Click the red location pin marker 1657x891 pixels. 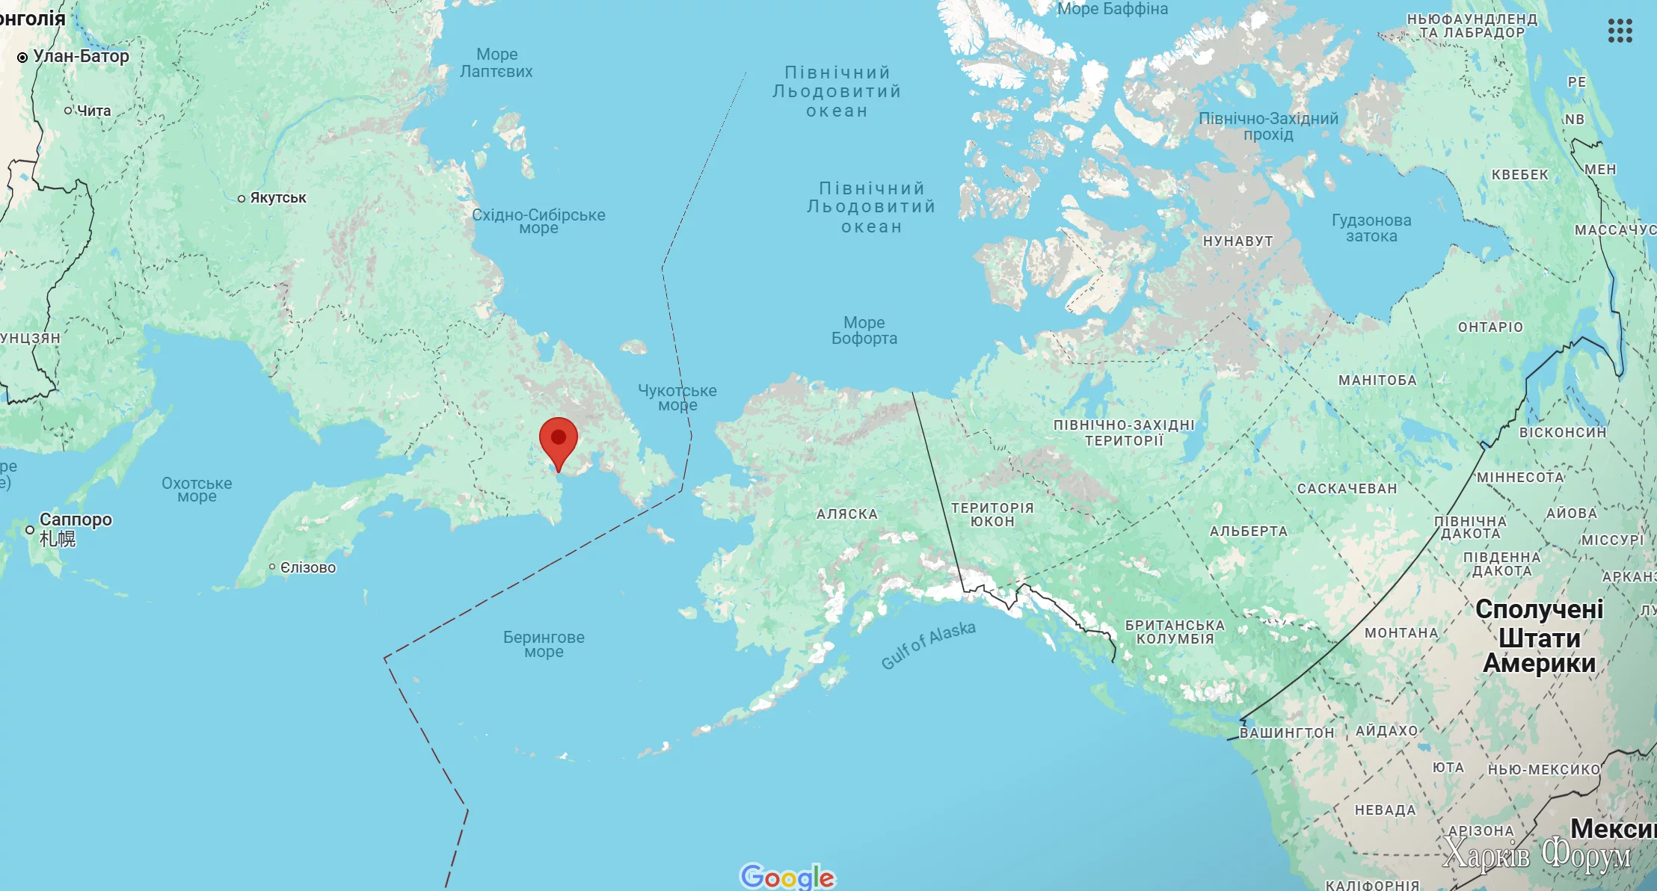[x=559, y=441]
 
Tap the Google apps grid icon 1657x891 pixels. [x=1620, y=31]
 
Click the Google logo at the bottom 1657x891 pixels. [x=787, y=877]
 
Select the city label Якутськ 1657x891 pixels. [x=277, y=198]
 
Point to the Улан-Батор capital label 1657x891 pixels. [x=80, y=57]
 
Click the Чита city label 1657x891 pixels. [x=93, y=111]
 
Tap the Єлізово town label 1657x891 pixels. [x=307, y=567]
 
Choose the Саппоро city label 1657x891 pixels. [x=76, y=520]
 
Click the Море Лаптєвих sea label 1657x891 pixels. [x=497, y=63]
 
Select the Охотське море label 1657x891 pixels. [x=197, y=490]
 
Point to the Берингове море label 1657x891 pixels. [x=544, y=644]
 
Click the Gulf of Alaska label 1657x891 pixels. [x=928, y=645]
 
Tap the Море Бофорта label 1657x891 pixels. [x=864, y=330]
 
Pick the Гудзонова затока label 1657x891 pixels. [x=1371, y=228]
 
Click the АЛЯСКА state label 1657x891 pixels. [x=847, y=514]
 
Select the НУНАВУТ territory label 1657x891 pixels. [x=1238, y=241]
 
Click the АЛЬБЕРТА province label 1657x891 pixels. [x=1249, y=531]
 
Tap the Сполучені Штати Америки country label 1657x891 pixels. [x=1540, y=636]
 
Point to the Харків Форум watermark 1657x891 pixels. [x=1536, y=854]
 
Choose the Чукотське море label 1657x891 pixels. [x=677, y=398]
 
